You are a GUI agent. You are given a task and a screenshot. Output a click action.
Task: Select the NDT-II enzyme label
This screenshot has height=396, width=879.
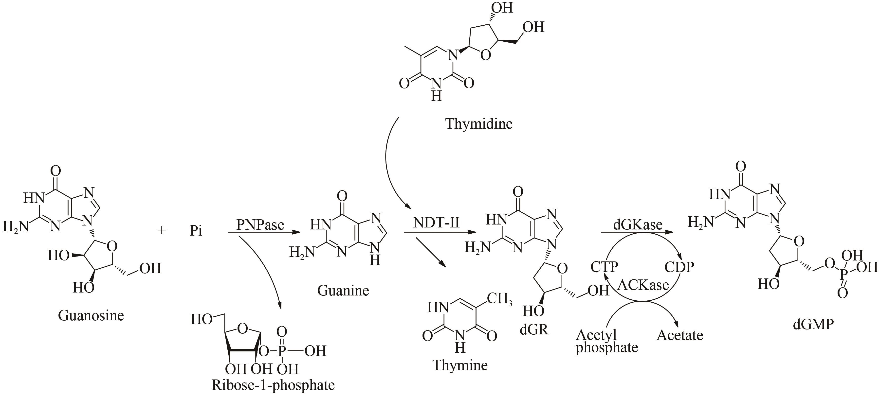(437, 223)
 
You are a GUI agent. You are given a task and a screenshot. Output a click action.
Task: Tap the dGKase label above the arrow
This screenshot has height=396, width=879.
(637, 224)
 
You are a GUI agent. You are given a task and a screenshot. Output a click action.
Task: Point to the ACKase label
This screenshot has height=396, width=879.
(643, 285)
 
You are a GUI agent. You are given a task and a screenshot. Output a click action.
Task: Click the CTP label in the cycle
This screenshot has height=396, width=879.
(604, 266)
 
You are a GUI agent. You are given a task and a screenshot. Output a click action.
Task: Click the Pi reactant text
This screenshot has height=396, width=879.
(196, 231)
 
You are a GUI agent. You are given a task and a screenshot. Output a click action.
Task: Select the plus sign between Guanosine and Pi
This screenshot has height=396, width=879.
(161, 230)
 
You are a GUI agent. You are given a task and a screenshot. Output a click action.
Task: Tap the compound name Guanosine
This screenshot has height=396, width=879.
(91, 315)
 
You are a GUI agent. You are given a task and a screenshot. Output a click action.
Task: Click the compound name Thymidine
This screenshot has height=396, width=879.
(479, 123)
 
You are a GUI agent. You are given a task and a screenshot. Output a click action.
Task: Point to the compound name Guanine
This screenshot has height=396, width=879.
(343, 290)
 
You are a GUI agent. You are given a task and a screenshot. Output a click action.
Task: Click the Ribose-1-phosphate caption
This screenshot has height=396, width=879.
(273, 385)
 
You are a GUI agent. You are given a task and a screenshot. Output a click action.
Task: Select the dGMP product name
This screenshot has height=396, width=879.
(813, 324)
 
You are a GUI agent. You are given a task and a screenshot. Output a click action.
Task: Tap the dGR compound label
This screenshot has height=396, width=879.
(534, 329)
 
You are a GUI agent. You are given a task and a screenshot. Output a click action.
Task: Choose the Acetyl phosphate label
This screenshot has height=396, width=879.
(606, 341)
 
